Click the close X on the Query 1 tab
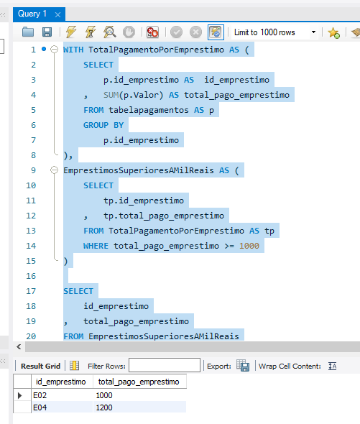point(57,14)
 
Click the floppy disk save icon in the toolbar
point(47,32)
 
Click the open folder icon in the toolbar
point(28,32)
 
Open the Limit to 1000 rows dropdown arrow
point(313,32)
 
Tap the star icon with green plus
point(333,33)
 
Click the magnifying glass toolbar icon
point(109,32)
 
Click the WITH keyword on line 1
point(73,50)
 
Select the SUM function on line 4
point(111,95)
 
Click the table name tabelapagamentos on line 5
point(149,110)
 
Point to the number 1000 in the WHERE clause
point(249,246)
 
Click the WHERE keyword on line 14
point(96,246)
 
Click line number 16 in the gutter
point(31,276)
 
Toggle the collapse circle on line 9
point(55,170)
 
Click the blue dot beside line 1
point(44,49)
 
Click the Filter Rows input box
point(165,365)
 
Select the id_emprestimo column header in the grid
point(61,382)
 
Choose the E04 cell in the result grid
point(40,407)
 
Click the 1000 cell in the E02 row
point(104,395)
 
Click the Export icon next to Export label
point(243,366)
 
